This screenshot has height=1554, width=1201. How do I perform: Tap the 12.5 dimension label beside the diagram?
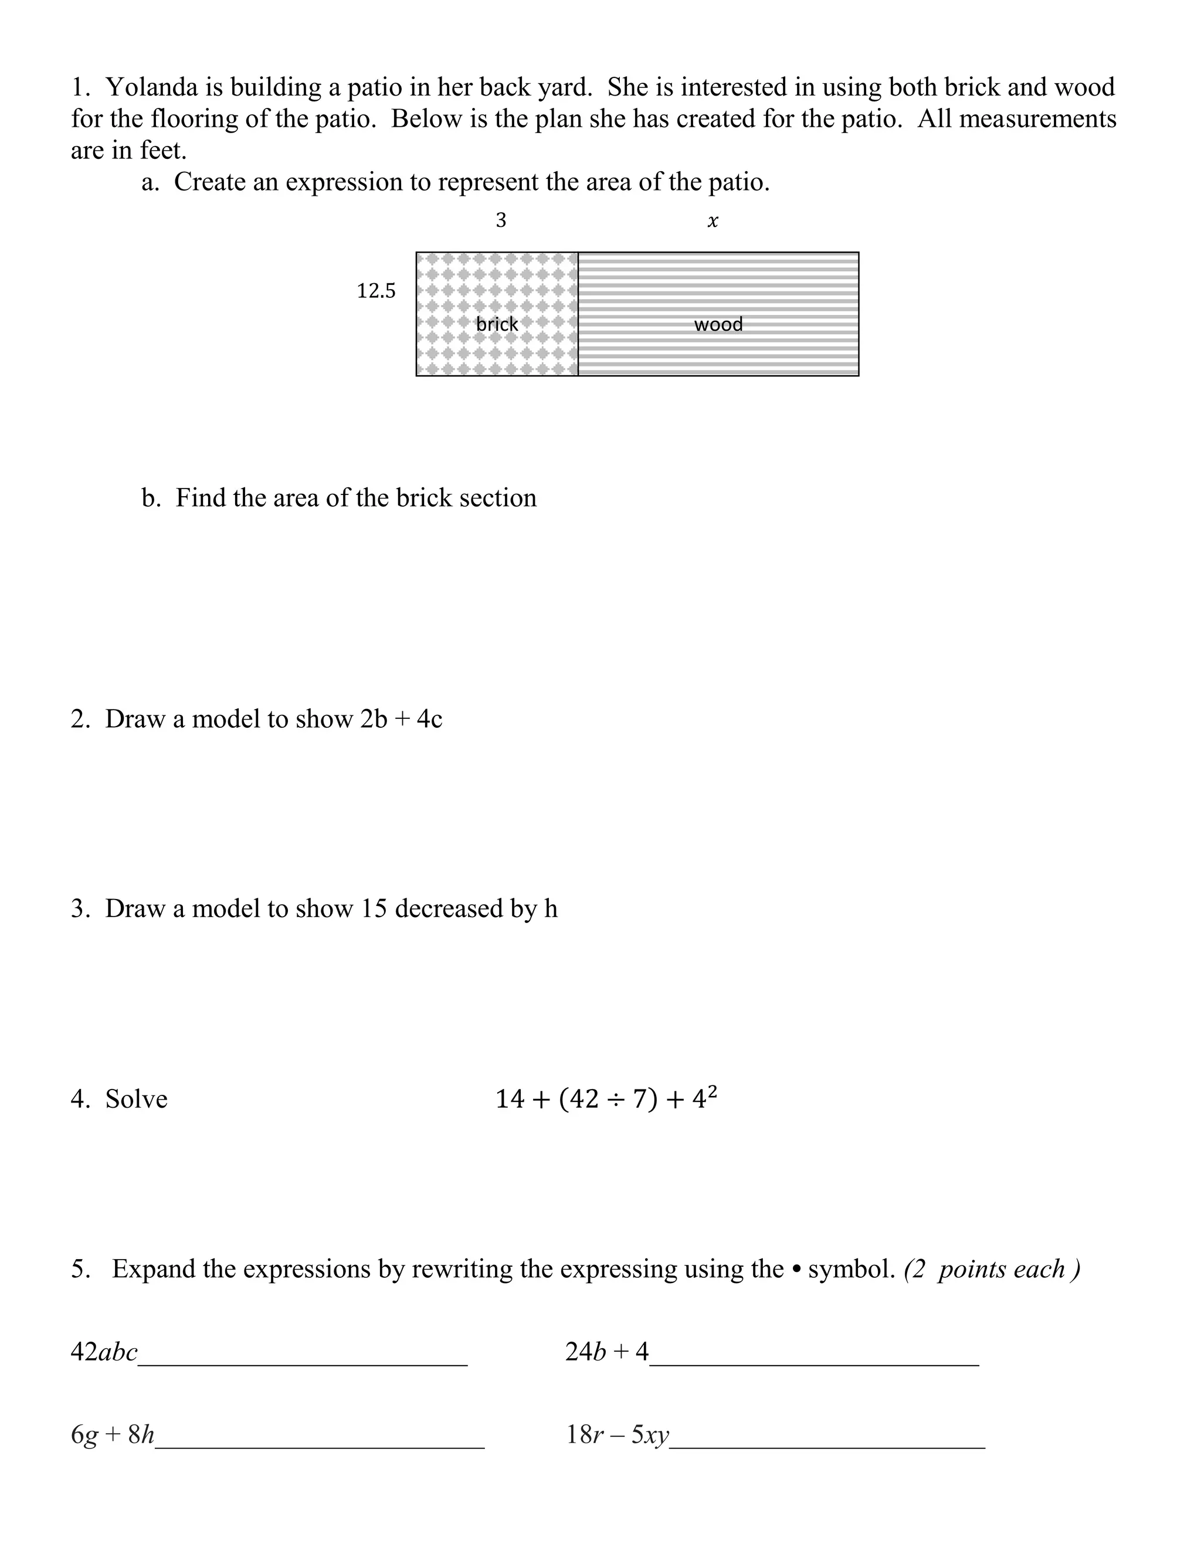click(x=376, y=291)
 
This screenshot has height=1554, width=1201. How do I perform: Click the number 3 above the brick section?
click(x=501, y=220)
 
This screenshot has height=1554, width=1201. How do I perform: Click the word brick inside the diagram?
click(x=497, y=324)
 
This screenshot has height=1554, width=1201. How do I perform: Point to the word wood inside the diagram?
click(x=718, y=324)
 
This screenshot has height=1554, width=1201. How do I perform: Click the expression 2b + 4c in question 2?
click(x=401, y=720)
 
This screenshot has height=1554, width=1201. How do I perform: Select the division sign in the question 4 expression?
click(x=616, y=1100)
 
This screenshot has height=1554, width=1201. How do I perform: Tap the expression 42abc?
click(x=104, y=1351)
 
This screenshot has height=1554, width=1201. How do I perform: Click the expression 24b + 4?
click(x=607, y=1351)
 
